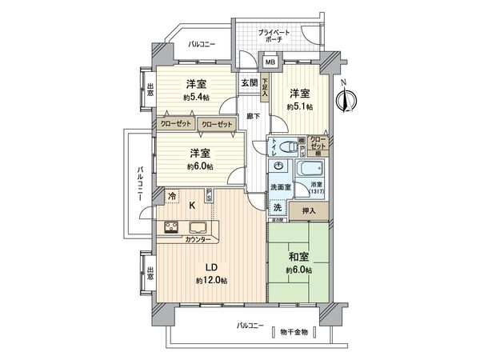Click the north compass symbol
click(346, 98)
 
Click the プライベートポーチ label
click(274, 34)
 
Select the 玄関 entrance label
click(248, 82)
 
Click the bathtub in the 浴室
click(310, 170)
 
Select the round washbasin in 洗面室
click(278, 166)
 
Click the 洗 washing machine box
click(277, 208)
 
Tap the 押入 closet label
click(308, 211)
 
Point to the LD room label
click(212, 267)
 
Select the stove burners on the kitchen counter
click(174, 226)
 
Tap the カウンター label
click(198, 240)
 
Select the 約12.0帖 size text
click(212, 282)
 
